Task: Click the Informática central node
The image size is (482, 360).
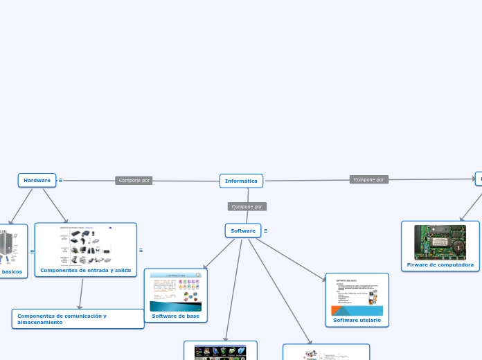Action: coord(241,181)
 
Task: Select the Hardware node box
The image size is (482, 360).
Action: coord(37,180)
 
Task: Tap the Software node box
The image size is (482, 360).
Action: coord(242,231)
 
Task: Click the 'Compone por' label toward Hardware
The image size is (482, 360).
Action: coord(134,180)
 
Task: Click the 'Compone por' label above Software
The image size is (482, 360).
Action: coord(247,206)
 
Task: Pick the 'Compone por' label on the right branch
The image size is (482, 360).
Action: coord(368,179)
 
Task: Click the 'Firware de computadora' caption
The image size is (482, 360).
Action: coord(440,264)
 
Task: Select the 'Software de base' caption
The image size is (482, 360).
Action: coord(175,316)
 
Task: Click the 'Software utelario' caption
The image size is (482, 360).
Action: coord(357,320)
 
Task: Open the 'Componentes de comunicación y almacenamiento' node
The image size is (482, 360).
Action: coord(78,318)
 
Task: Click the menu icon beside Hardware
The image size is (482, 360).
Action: coord(60,180)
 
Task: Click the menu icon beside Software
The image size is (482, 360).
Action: coord(266,231)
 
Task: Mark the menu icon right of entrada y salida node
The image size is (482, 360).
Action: coord(141,251)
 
